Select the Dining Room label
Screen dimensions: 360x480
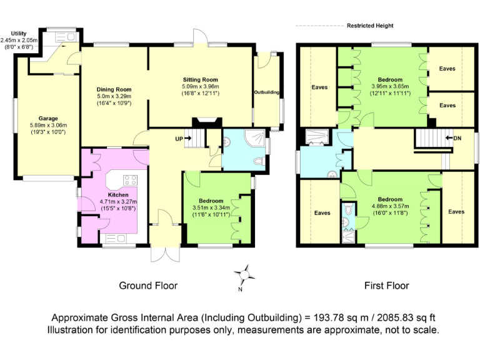click(x=113, y=89)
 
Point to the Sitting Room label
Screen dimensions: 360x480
click(x=200, y=80)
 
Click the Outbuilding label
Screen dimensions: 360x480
click(x=267, y=92)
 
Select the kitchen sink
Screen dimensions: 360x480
click(x=115, y=238)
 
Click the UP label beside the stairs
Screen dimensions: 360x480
click(x=179, y=138)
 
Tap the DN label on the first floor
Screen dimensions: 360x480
click(x=457, y=137)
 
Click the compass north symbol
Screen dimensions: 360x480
click(x=244, y=274)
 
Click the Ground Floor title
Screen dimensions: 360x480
click(x=148, y=286)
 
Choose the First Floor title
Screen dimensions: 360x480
click(x=387, y=286)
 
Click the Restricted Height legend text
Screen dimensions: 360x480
click(x=370, y=26)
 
